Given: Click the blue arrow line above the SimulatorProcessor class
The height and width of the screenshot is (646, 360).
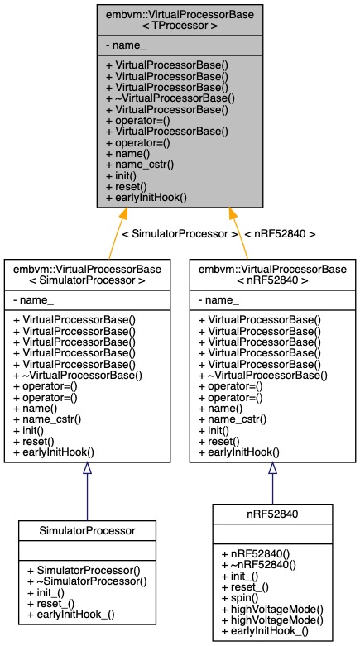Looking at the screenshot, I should click(87, 492).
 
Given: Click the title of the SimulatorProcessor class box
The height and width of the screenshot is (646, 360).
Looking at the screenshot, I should click(87, 529).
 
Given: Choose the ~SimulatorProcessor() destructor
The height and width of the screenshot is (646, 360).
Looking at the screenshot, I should click(86, 581).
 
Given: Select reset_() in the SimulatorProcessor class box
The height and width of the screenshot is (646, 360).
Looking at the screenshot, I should click(53, 604).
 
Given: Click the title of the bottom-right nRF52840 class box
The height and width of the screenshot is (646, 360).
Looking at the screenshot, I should click(272, 513).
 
